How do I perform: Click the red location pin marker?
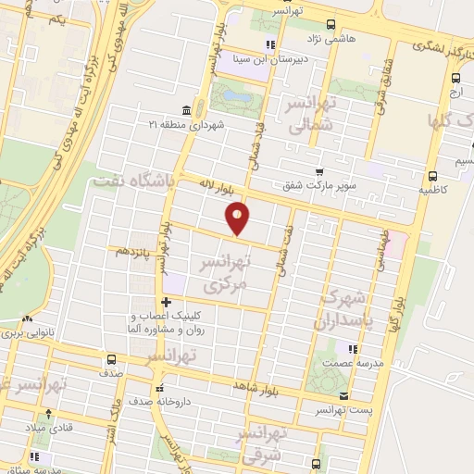pyautogui.click(x=238, y=218)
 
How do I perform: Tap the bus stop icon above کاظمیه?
pyautogui.click(x=432, y=175)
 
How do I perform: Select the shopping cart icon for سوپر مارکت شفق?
pyautogui.click(x=319, y=172)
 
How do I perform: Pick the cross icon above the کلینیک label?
pyautogui.click(x=166, y=302)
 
